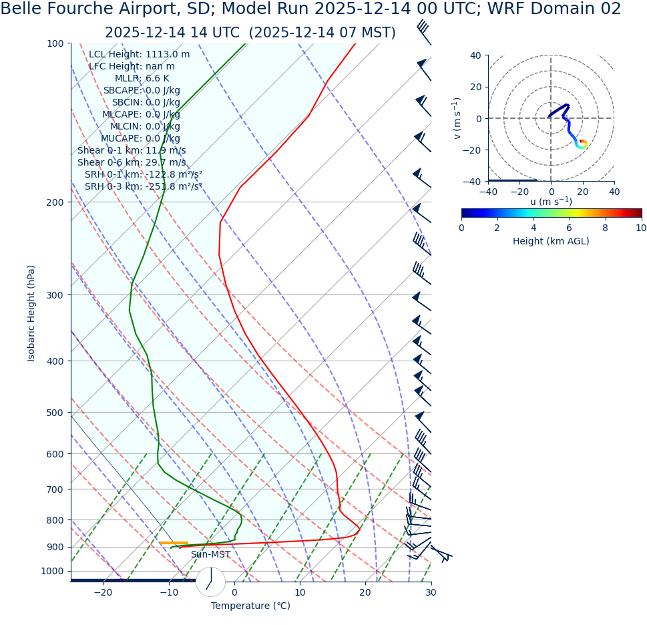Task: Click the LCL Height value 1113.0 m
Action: [168, 54]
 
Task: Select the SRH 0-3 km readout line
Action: [143, 186]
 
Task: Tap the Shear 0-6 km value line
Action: [132, 162]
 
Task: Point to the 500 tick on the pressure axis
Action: [54, 413]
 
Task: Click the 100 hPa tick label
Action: [54, 43]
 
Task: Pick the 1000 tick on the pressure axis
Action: [52, 571]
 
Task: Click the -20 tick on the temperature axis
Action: [103, 592]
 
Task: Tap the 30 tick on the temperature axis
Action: [431, 592]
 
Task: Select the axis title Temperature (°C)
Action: [250, 606]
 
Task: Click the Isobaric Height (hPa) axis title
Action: [31, 313]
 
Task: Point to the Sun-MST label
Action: [210, 554]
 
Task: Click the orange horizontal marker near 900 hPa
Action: [174, 543]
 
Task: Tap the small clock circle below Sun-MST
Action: [210, 582]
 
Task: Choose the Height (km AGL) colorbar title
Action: [551, 241]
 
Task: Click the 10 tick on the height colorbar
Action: [641, 228]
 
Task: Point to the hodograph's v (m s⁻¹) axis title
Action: [457, 118]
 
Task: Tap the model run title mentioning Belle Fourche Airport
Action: [310, 9]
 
